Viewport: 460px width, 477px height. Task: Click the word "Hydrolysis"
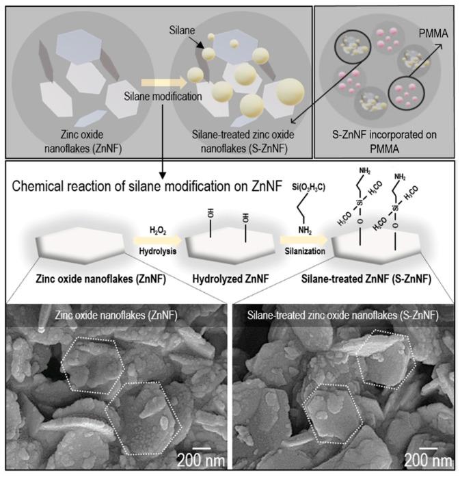[x=148, y=250]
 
